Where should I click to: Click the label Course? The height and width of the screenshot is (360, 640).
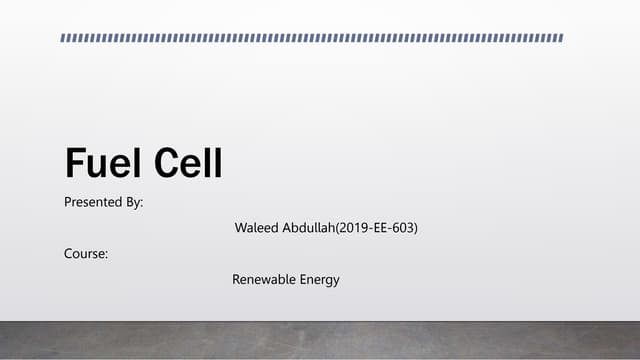[86, 254]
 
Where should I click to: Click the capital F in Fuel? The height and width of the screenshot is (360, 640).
[73, 163]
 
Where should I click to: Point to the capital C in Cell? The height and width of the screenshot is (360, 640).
[161, 163]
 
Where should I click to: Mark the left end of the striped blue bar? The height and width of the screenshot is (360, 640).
[63, 38]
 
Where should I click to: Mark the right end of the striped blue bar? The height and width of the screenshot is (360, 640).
[562, 38]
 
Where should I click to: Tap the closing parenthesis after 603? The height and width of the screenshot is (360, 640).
[416, 228]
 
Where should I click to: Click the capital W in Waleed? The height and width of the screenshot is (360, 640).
[240, 228]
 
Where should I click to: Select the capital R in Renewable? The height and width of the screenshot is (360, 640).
[237, 279]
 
